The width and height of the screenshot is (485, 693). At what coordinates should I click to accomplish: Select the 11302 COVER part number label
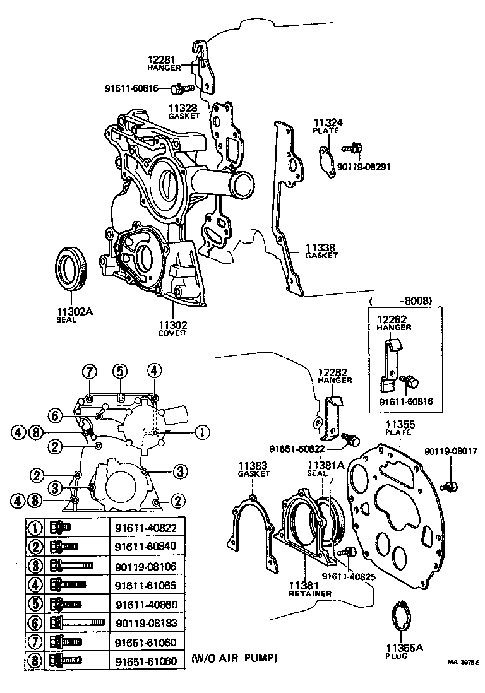click(x=172, y=324)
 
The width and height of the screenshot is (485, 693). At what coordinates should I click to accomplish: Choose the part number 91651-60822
click(x=297, y=449)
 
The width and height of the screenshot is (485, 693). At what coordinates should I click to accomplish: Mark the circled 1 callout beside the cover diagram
click(x=201, y=432)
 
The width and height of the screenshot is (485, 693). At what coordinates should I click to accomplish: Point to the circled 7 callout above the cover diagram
click(x=90, y=370)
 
